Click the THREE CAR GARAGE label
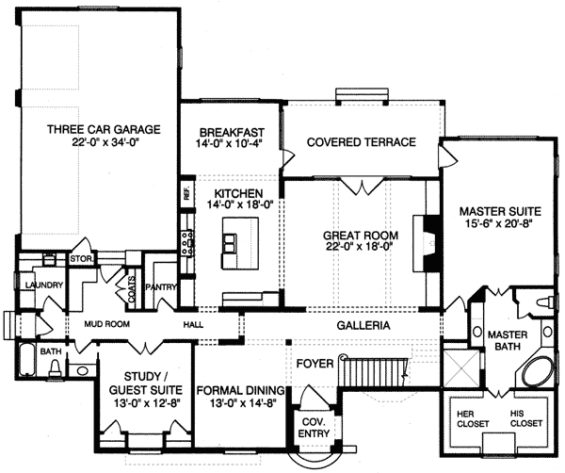point(104,129)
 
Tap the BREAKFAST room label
point(232,132)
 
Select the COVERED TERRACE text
point(362,142)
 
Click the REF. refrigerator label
point(187,194)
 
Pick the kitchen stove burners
point(187,243)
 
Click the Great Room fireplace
point(427,243)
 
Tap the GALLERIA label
point(363,326)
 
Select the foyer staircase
point(374,371)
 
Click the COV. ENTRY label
point(314,428)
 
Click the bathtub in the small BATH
point(26,361)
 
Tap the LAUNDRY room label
point(44,285)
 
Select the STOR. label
point(82,259)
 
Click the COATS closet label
point(132,289)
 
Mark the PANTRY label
point(161,287)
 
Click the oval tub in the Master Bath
point(538,372)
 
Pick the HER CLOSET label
point(473,418)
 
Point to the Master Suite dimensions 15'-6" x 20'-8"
point(500,223)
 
